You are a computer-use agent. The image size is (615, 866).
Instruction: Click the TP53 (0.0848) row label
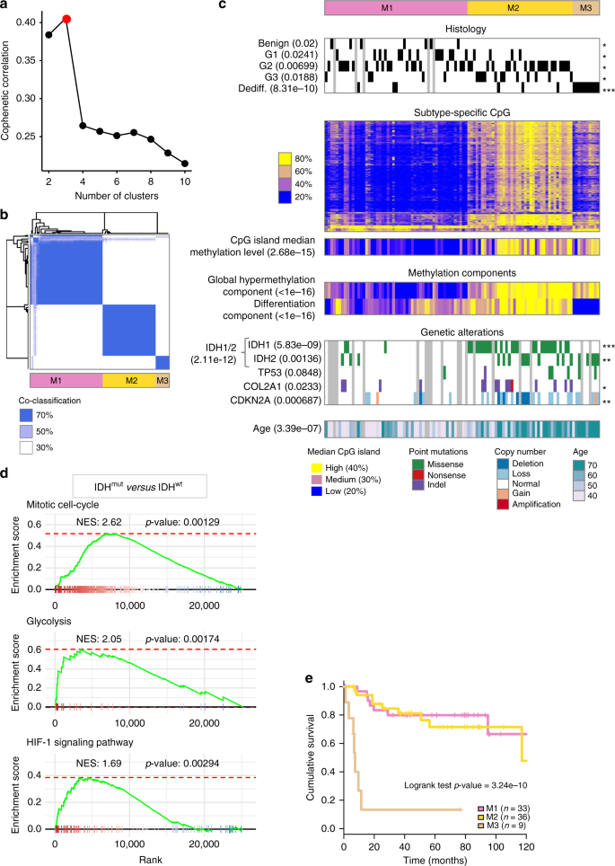(x=293, y=374)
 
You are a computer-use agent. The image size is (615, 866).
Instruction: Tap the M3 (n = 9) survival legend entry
(x=558, y=815)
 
